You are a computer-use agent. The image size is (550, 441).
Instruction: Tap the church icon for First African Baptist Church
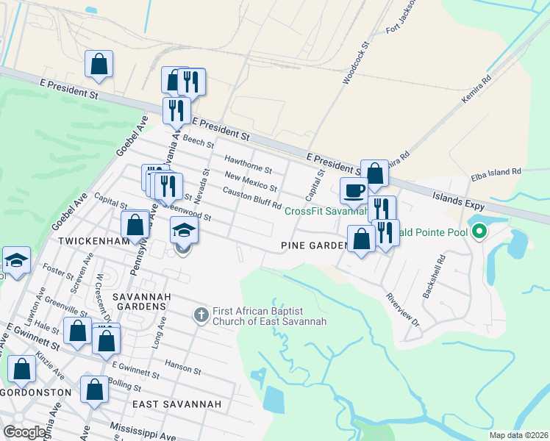click(201, 315)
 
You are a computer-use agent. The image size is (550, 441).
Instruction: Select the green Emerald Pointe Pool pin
click(479, 232)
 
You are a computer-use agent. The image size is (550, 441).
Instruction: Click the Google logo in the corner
click(24, 432)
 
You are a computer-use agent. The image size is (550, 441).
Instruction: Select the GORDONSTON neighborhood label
click(36, 392)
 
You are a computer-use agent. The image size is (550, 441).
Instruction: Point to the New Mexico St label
click(251, 181)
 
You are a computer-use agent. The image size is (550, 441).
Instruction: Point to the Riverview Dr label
click(402, 312)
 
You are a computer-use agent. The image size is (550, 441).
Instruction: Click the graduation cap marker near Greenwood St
click(184, 232)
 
